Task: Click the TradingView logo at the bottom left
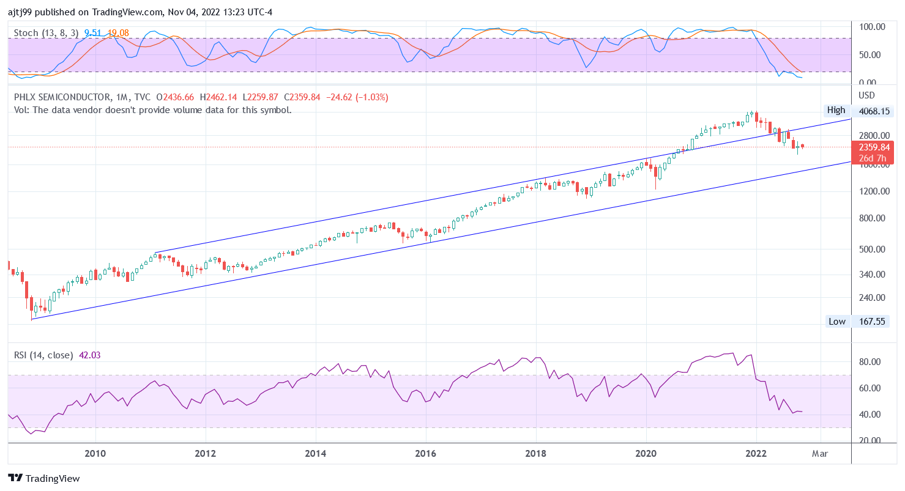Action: pyautogui.click(x=43, y=478)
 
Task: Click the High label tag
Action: pyautogui.click(x=836, y=110)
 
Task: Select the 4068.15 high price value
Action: pyautogui.click(x=873, y=112)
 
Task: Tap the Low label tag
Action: pyautogui.click(x=836, y=321)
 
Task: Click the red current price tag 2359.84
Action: pyautogui.click(x=873, y=147)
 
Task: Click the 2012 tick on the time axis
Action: pyautogui.click(x=206, y=454)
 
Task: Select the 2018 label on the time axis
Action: pyautogui.click(x=536, y=454)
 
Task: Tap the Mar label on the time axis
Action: pyautogui.click(x=820, y=454)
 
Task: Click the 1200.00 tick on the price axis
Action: pyautogui.click(x=873, y=191)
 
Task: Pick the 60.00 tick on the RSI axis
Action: pyautogui.click(x=870, y=388)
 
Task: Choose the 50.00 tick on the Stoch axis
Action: pyautogui.click(x=870, y=55)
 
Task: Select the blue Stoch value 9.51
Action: pyautogui.click(x=92, y=32)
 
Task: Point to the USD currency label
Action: pyautogui.click(x=867, y=95)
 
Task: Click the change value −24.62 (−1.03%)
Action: pyautogui.click(x=357, y=97)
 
